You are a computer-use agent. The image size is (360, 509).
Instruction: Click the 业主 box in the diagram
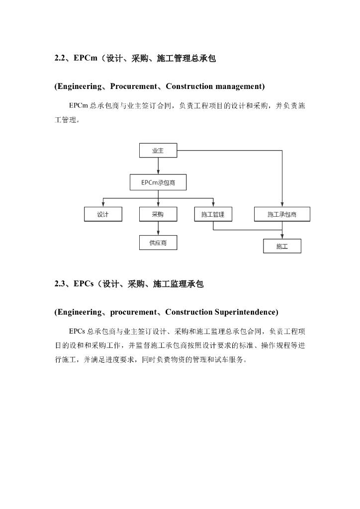click(x=158, y=150)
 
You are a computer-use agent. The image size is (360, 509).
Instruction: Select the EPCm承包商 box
click(x=158, y=182)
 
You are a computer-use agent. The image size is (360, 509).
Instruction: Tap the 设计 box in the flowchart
click(x=103, y=214)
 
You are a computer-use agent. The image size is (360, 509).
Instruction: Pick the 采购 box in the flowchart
click(x=158, y=214)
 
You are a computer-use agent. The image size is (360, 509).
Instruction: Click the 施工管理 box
click(x=213, y=214)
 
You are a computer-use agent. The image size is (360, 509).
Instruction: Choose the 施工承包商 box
click(x=282, y=214)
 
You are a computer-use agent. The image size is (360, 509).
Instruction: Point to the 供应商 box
click(x=158, y=243)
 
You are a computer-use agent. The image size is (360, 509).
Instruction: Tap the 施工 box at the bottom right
click(x=282, y=246)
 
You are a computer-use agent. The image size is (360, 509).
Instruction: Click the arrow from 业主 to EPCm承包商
click(x=158, y=166)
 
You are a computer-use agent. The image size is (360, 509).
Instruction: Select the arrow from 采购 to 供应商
click(x=158, y=228)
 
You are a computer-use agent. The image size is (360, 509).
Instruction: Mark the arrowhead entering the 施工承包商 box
click(x=282, y=205)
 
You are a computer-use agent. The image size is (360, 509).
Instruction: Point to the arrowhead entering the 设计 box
click(x=103, y=205)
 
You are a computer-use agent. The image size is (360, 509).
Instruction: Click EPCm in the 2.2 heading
click(x=85, y=59)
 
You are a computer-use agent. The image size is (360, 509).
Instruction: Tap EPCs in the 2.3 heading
click(x=84, y=284)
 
